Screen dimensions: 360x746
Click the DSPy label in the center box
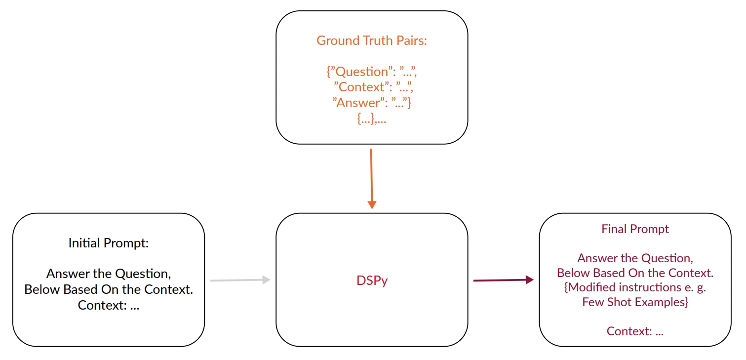[x=372, y=280]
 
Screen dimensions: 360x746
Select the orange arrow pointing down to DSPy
[x=372, y=178]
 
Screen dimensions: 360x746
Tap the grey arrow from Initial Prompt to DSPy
[x=240, y=280]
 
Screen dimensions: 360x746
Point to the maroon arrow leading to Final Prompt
[x=503, y=280]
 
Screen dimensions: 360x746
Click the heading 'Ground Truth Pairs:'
[x=371, y=40]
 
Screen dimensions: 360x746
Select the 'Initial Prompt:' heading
[x=108, y=243]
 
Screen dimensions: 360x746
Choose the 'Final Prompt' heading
[x=635, y=229]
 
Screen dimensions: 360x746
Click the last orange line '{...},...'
[x=371, y=119]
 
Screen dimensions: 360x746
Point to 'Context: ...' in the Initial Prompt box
[x=108, y=305]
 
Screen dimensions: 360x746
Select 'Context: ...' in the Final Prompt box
[x=635, y=331]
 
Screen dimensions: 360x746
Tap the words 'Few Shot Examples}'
[x=635, y=302]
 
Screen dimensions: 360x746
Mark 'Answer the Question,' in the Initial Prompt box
[x=108, y=274]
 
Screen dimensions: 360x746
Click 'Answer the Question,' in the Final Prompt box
[x=635, y=258]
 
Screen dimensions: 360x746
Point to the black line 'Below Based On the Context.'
[x=108, y=289]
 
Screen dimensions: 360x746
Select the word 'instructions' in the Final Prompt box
[x=646, y=287]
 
